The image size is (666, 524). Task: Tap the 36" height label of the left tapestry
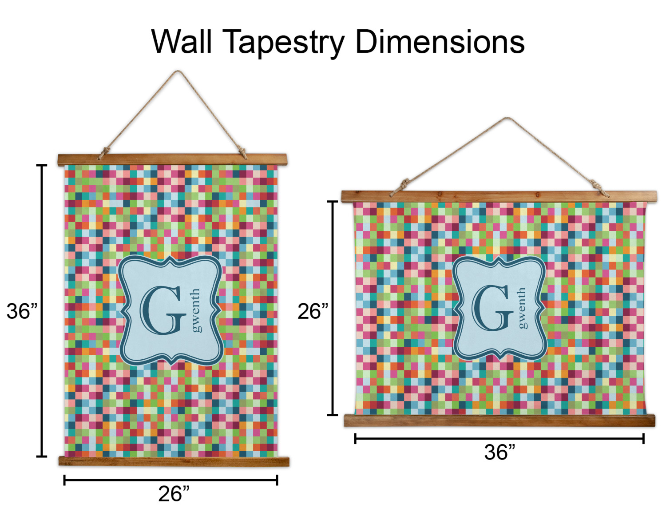click(x=22, y=311)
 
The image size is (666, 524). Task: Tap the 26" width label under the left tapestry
click(x=174, y=494)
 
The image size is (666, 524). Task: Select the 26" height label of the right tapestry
click(x=313, y=311)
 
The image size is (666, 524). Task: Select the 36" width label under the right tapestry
click(x=500, y=452)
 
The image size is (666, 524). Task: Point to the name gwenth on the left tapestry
click(x=196, y=310)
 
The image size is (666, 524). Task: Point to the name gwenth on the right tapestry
click(x=522, y=308)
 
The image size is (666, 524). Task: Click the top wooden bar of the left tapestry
click(x=172, y=159)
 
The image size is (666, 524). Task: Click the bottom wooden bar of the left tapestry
click(x=174, y=461)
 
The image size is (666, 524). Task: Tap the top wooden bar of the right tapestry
click(x=499, y=197)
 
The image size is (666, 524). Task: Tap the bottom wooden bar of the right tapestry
click(x=499, y=420)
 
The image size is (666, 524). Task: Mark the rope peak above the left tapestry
click(x=177, y=71)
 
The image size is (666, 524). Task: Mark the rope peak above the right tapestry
click(x=507, y=118)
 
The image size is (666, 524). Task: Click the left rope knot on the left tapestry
click(x=105, y=153)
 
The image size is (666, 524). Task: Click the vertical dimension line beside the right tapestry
click(x=333, y=308)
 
